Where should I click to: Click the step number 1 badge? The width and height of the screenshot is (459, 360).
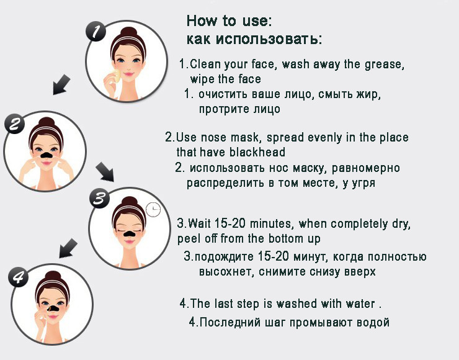click(96, 32)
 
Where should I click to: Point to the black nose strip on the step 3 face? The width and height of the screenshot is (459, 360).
click(127, 235)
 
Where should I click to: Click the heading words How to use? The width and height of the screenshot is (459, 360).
click(229, 20)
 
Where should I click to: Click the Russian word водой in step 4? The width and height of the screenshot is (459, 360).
click(373, 322)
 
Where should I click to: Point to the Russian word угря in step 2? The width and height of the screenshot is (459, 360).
click(360, 184)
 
